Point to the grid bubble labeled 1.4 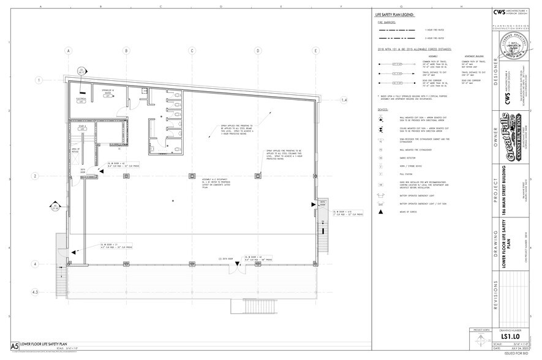[344, 100]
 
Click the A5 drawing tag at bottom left [13, 347]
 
